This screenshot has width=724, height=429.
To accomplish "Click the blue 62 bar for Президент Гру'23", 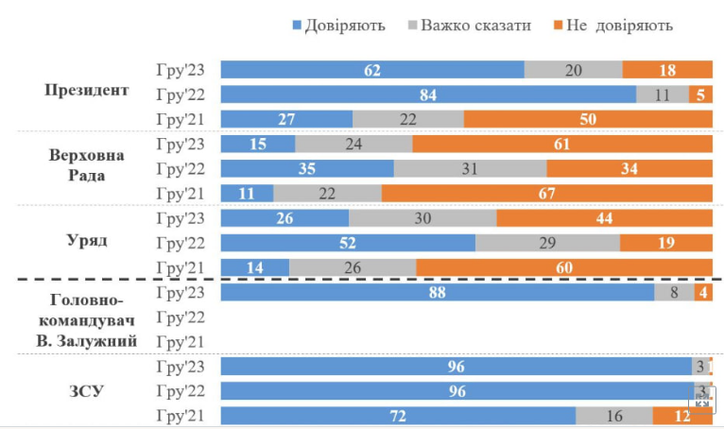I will [x=372, y=69].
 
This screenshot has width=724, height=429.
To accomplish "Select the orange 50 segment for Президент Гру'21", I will [x=588, y=119].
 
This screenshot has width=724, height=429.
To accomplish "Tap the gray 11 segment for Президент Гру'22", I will [x=663, y=94].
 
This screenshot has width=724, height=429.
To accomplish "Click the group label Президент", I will [x=87, y=91].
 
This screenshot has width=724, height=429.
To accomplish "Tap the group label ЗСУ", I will [x=88, y=389].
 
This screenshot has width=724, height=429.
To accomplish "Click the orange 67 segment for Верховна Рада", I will [x=547, y=194].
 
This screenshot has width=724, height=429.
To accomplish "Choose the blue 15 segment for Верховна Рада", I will [x=258, y=144].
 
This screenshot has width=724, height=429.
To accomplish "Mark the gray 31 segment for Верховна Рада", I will [x=470, y=169].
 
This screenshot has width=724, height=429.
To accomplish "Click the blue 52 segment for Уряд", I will [x=348, y=243].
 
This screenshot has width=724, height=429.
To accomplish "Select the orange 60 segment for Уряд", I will [x=564, y=267].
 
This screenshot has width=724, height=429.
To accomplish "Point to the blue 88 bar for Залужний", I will [x=438, y=293].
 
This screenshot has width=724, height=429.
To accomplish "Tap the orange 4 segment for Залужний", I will [x=703, y=293].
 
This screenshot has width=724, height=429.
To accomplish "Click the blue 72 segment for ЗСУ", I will [x=398, y=416].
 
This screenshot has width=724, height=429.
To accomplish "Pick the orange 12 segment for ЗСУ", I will [x=682, y=416].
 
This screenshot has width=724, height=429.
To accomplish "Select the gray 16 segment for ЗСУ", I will [x=614, y=416].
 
